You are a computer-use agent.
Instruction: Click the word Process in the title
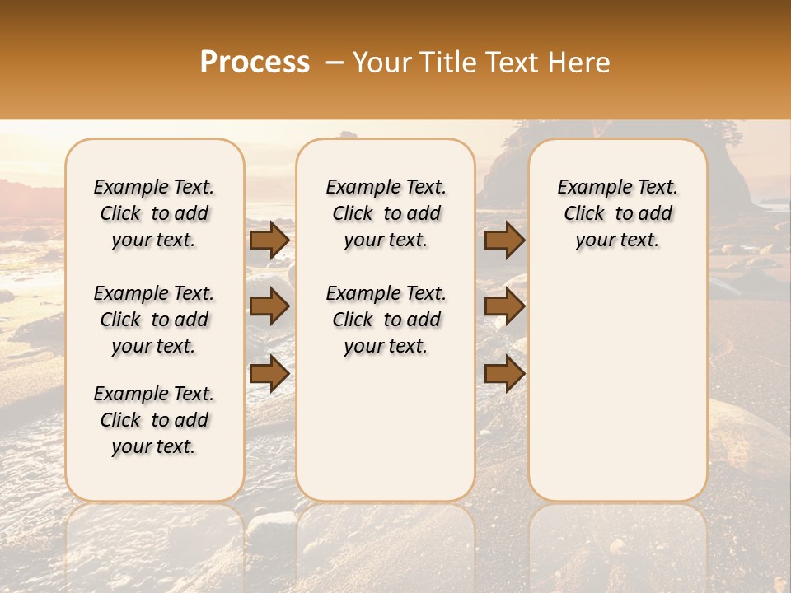point(255,63)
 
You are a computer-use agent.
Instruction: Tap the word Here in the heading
point(582,63)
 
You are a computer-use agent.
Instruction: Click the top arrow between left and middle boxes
point(269,240)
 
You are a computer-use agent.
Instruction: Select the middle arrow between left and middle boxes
point(269,306)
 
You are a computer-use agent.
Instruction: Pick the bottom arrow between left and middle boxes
point(269,373)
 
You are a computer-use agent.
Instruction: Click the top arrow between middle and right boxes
point(504,240)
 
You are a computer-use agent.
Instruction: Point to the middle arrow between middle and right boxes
point(504,306)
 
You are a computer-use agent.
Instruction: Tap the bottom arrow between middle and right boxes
point(504,373)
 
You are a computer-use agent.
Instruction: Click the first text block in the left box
point(154,213)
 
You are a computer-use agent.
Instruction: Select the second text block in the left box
point(154,320)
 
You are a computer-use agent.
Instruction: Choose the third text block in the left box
point(154,420)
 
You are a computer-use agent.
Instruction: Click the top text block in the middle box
point(386,213)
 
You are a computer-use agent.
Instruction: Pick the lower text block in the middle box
point(386,320)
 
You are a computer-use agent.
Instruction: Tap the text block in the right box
point(617,213)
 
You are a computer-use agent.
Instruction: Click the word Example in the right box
point(591,188)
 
